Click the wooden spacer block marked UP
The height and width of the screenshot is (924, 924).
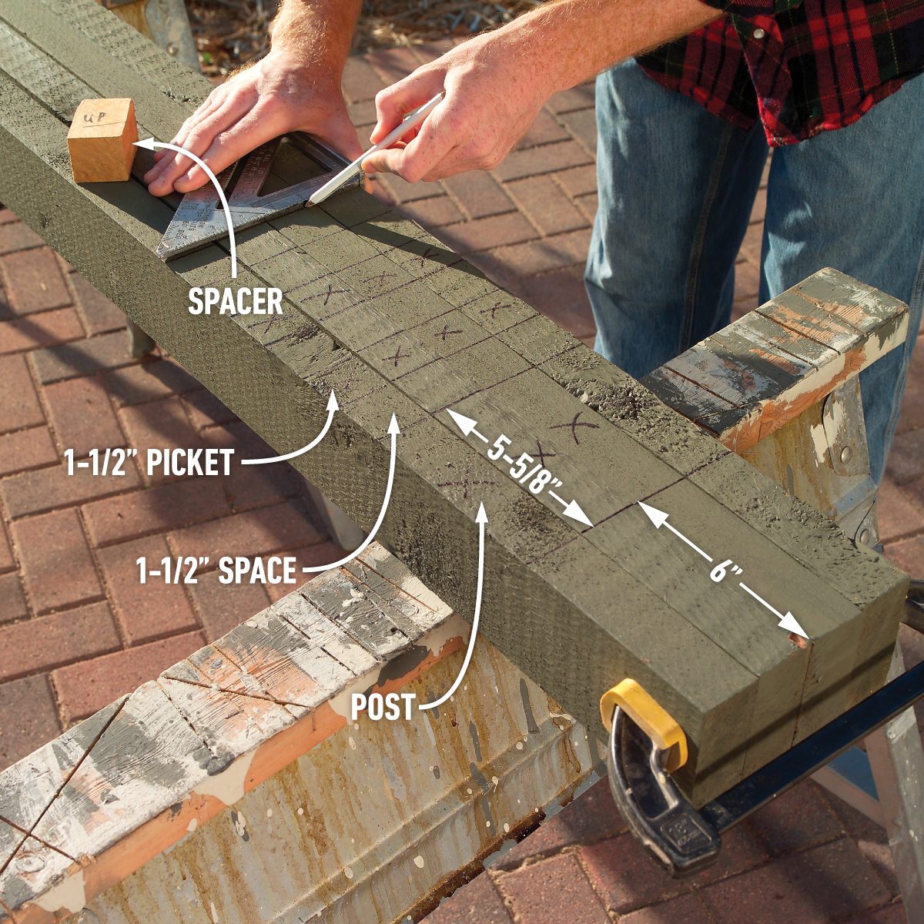coord(102,140)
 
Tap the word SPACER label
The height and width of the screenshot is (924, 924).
coord(236,301)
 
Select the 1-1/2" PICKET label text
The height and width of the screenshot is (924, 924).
coord(149,463)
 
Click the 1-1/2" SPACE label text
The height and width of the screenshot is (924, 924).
coord(216,571)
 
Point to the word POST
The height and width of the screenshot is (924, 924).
coord(383,707)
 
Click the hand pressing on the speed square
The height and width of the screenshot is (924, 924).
coord(231,123)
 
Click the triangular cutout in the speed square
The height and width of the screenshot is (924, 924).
coord(308,173)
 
